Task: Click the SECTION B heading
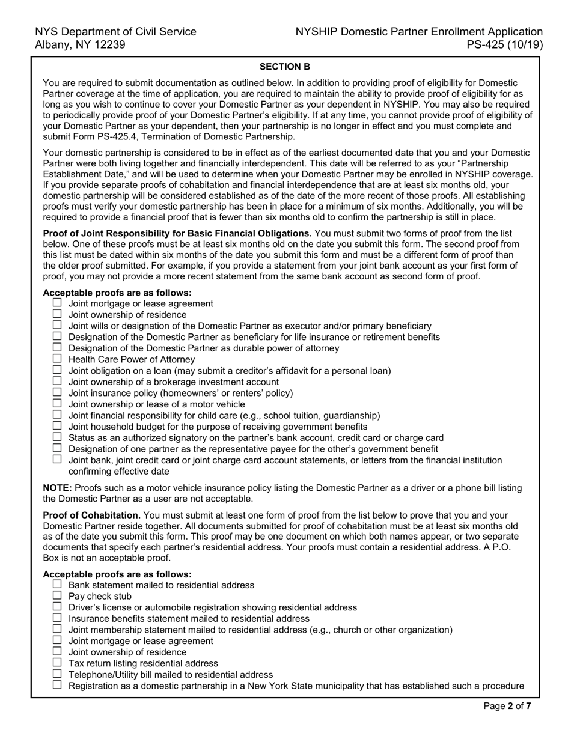coord(285,67)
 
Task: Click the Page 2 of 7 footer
coord(507,706)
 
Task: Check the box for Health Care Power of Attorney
coord(57,359)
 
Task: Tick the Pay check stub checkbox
coord(57,595)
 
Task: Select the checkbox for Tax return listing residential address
coord(57,663)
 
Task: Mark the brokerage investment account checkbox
coord(57,381)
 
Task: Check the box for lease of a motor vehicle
coord(57,404)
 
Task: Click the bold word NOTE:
coord(58,488)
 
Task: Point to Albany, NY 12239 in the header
coord(80,44)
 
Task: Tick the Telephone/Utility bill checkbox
coord(57,674)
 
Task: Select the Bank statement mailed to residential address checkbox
coord(57,585)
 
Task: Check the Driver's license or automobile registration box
coord(57,607)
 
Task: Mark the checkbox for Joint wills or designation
coord(57,325)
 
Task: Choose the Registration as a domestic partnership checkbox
coord(57,685)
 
